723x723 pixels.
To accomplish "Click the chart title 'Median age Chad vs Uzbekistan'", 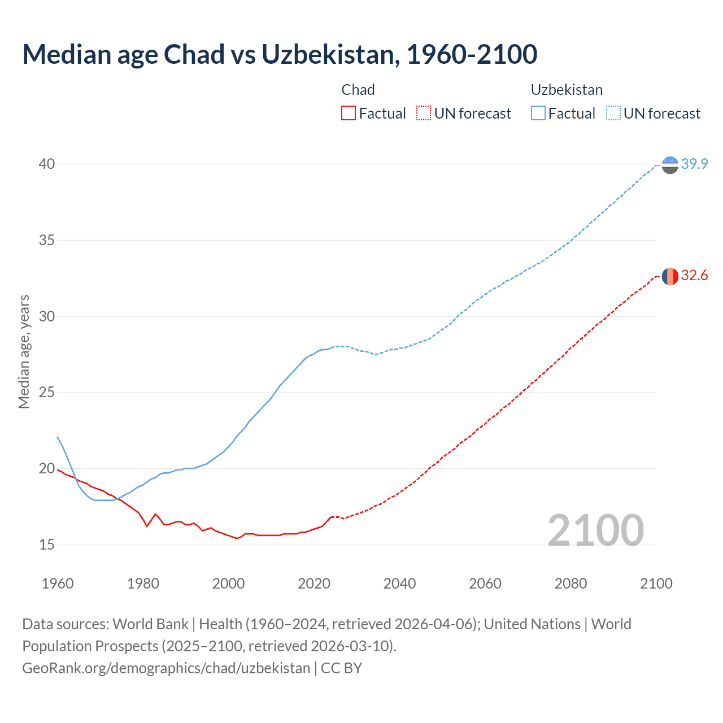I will [280, 54].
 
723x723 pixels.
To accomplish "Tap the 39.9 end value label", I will [694, 164].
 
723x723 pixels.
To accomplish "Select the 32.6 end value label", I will [694, 276].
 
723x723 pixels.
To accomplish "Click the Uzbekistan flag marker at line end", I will [669, 165].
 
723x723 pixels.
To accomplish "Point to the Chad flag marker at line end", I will [669, 276].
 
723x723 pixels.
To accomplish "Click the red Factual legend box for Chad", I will [349, 114].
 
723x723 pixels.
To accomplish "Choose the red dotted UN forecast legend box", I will [424, 114].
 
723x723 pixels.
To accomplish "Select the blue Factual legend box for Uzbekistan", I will [538, 114].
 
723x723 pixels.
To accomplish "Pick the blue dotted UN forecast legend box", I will [613, 114].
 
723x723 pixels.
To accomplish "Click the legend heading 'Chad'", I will [358, 90].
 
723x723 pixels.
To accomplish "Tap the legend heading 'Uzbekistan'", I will [567, 90].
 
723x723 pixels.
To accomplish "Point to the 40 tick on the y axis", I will [47, 164].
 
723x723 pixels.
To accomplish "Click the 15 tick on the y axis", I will [47, 545].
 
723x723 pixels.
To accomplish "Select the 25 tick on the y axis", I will [47, 393].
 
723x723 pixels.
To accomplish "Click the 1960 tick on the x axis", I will [58, 583].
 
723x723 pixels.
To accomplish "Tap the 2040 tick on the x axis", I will [399, 583].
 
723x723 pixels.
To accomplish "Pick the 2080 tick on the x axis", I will [570, 583].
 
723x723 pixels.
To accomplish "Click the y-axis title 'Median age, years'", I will [24, 351].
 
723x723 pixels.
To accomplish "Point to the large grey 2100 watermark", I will [595, 530].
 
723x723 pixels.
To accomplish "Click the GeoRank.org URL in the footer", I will [166, 668].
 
